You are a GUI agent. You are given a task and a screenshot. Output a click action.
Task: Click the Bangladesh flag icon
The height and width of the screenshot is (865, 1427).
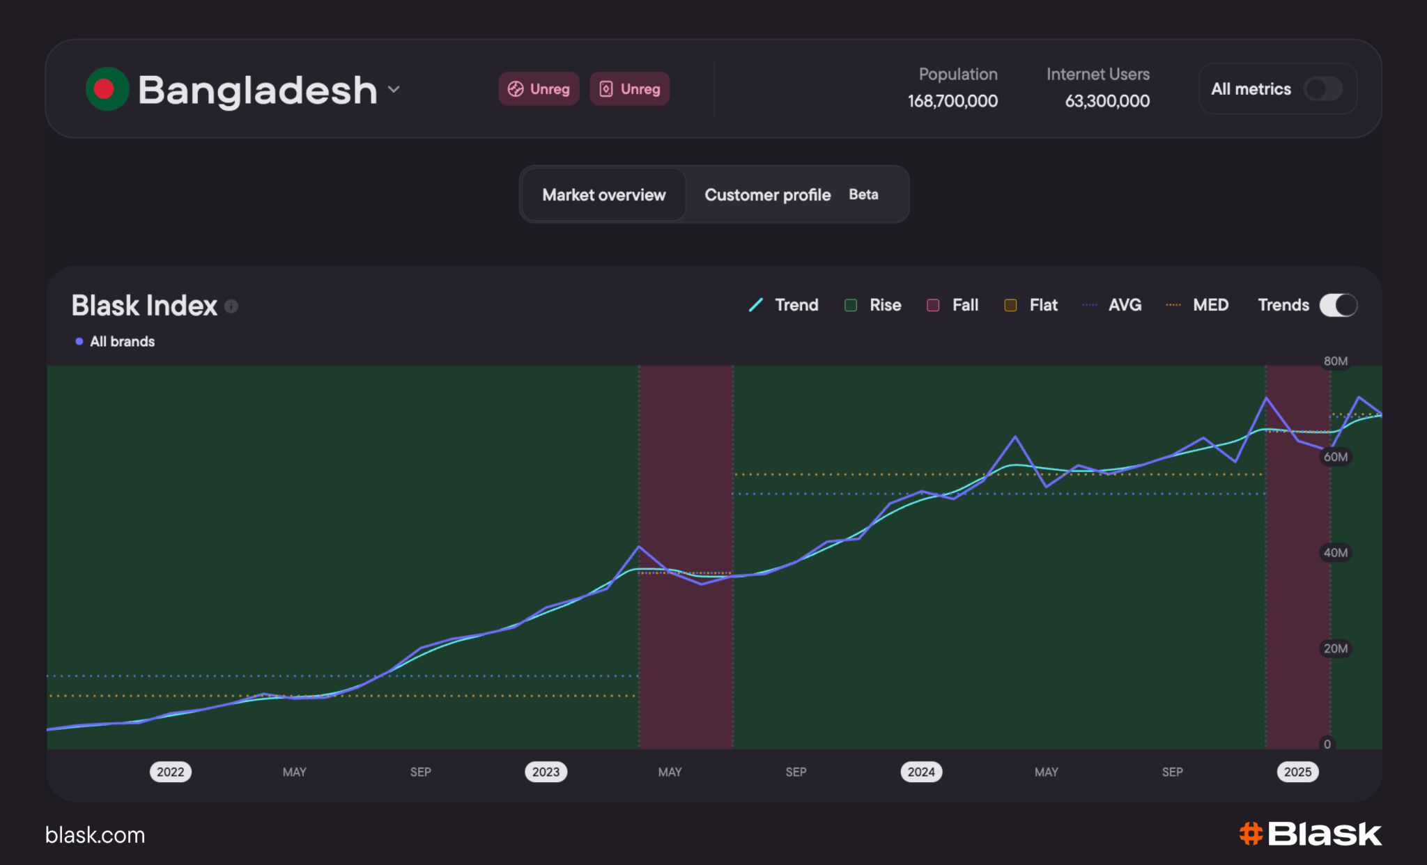click(x=107, y=88)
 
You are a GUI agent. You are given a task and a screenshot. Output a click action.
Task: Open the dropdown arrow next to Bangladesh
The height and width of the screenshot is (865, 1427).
click(x=394, y=89)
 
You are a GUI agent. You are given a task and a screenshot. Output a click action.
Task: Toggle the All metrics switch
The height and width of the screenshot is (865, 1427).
click(x=1323, y=88)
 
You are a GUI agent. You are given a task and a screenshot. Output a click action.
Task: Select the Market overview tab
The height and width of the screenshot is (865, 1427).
click(x=603, y=194)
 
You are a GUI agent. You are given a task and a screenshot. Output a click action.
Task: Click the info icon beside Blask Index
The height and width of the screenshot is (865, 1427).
click(x=231, y=306)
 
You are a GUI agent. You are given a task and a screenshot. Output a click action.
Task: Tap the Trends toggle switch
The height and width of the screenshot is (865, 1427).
click(x=1338, y=305)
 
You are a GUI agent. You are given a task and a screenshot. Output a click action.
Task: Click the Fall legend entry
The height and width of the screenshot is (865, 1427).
click(x=952, y=305)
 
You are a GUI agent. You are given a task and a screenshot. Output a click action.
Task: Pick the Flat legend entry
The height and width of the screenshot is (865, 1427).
click(x=1031, y=305)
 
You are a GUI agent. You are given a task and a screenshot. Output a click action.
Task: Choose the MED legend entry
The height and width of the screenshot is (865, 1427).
click(x=1197, y=305)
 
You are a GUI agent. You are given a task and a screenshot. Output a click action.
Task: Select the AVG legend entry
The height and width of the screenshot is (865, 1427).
click(x=1111, y=305)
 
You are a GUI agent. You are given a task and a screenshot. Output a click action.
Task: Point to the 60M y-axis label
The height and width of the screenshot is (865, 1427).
click(x=1335, y=457)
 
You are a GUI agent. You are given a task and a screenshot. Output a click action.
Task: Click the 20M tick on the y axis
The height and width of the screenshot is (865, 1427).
click(x=1335, y=648)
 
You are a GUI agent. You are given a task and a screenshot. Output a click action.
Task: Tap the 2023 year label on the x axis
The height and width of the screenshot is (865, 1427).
click(x=546, y=772)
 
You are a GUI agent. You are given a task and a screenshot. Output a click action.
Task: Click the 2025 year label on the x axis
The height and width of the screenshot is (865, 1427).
click(x=1297, y=772)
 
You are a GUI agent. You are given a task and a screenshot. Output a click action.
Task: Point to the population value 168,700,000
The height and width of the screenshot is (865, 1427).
click(x=952, y=101)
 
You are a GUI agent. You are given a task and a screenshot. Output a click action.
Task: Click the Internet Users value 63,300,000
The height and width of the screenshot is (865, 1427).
click(x=1107, y=101)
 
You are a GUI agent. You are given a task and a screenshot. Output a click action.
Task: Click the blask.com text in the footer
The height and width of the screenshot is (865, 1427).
click(x=95, y=834)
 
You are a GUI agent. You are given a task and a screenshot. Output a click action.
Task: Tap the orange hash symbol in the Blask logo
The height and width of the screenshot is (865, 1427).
click(x=1251, y=834)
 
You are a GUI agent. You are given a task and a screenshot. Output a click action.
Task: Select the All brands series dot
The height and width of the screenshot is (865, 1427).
click(x=79, y=341)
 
